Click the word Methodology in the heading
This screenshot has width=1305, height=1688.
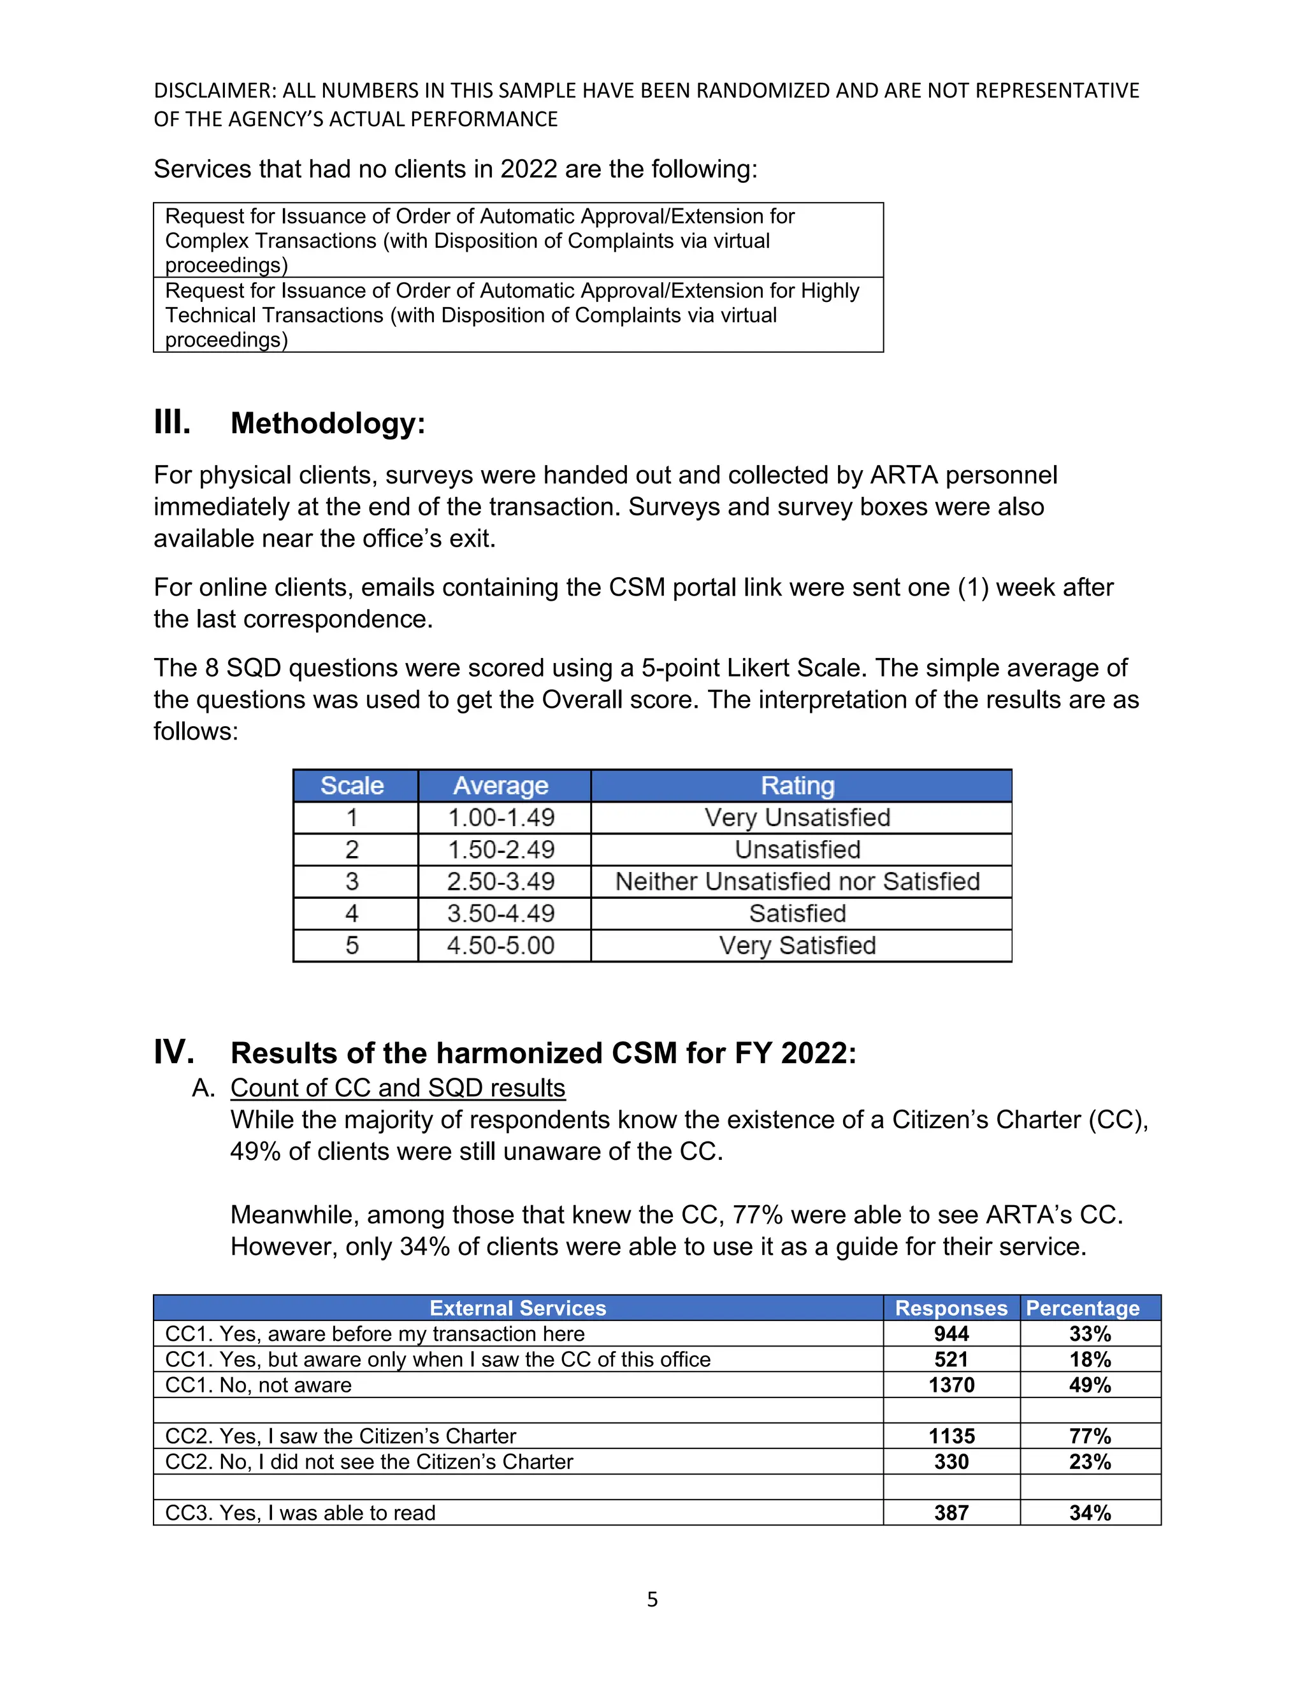(327, 424)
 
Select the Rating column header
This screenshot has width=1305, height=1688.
(798, 785)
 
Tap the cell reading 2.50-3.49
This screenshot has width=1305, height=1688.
(501, 881)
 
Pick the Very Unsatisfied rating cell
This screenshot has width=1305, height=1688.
(798, 818)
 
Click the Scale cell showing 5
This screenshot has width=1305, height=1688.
(352, 945)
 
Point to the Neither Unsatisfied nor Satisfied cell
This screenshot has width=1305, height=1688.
(798, 881)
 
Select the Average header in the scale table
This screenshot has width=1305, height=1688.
(501, 785)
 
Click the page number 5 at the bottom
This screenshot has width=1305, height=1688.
(652, 1599)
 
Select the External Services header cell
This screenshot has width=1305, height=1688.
(517, 1308)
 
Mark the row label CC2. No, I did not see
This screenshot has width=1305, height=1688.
(369, 1461)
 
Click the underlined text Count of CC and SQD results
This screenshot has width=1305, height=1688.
(398, 1087)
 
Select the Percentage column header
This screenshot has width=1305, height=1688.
(1083, 1308)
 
